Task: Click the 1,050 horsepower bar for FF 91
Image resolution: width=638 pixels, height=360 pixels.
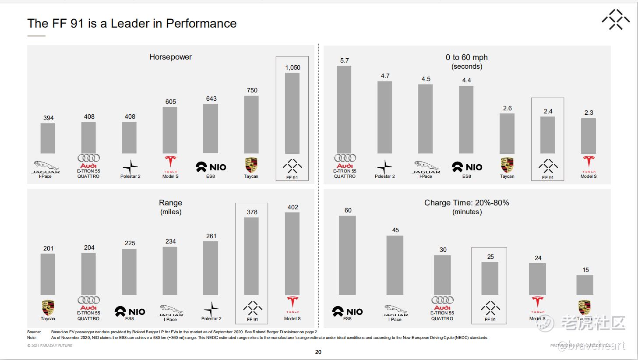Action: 292,113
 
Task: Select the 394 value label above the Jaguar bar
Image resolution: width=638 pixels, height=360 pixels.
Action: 48,118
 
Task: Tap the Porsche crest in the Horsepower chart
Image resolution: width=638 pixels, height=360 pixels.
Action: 251,165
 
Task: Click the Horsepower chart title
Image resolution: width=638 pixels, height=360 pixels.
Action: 170,57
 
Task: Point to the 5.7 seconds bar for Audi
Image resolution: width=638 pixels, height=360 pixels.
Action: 344,109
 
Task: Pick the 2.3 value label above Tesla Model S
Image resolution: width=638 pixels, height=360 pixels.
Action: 589,113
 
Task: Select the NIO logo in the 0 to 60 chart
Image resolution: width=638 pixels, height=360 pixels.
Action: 467,167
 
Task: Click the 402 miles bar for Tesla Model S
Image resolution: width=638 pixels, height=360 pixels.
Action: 292,254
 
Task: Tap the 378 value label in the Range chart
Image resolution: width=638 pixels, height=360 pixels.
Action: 252,212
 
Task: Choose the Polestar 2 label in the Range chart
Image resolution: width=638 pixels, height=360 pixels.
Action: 211,318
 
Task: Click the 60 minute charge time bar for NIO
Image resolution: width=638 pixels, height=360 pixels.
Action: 347,255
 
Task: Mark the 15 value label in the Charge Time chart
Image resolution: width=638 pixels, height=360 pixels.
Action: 585,270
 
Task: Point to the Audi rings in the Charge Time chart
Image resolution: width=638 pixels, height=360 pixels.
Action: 442,300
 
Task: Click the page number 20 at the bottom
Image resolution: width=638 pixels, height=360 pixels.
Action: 318,352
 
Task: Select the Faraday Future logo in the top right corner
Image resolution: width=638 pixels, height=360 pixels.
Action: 616,19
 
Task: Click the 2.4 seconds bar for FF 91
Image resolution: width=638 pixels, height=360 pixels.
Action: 547,135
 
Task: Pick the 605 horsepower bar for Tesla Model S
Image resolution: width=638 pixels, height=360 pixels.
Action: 170,130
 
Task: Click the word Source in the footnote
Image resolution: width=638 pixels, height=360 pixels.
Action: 34,332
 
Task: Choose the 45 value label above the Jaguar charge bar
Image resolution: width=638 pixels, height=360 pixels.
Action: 395,230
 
